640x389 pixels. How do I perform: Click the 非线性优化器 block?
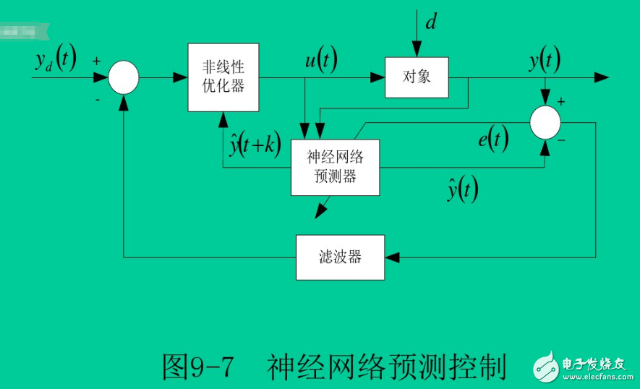(223, 77)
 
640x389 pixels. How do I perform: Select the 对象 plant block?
(416, 76)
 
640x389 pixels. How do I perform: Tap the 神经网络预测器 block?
(335, 167)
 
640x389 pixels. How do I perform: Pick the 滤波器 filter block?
(340, 257)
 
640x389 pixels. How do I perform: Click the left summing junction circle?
(124, 77)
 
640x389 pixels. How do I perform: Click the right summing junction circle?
(545, 121)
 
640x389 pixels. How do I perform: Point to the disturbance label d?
(430, 22)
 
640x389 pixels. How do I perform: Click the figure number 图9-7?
(198, 367)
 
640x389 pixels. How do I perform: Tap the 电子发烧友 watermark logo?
(585, 366)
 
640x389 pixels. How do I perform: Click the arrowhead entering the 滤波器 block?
(391, 257)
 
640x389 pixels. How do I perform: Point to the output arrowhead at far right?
(602, 77)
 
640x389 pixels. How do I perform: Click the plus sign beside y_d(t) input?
(96, 61)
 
